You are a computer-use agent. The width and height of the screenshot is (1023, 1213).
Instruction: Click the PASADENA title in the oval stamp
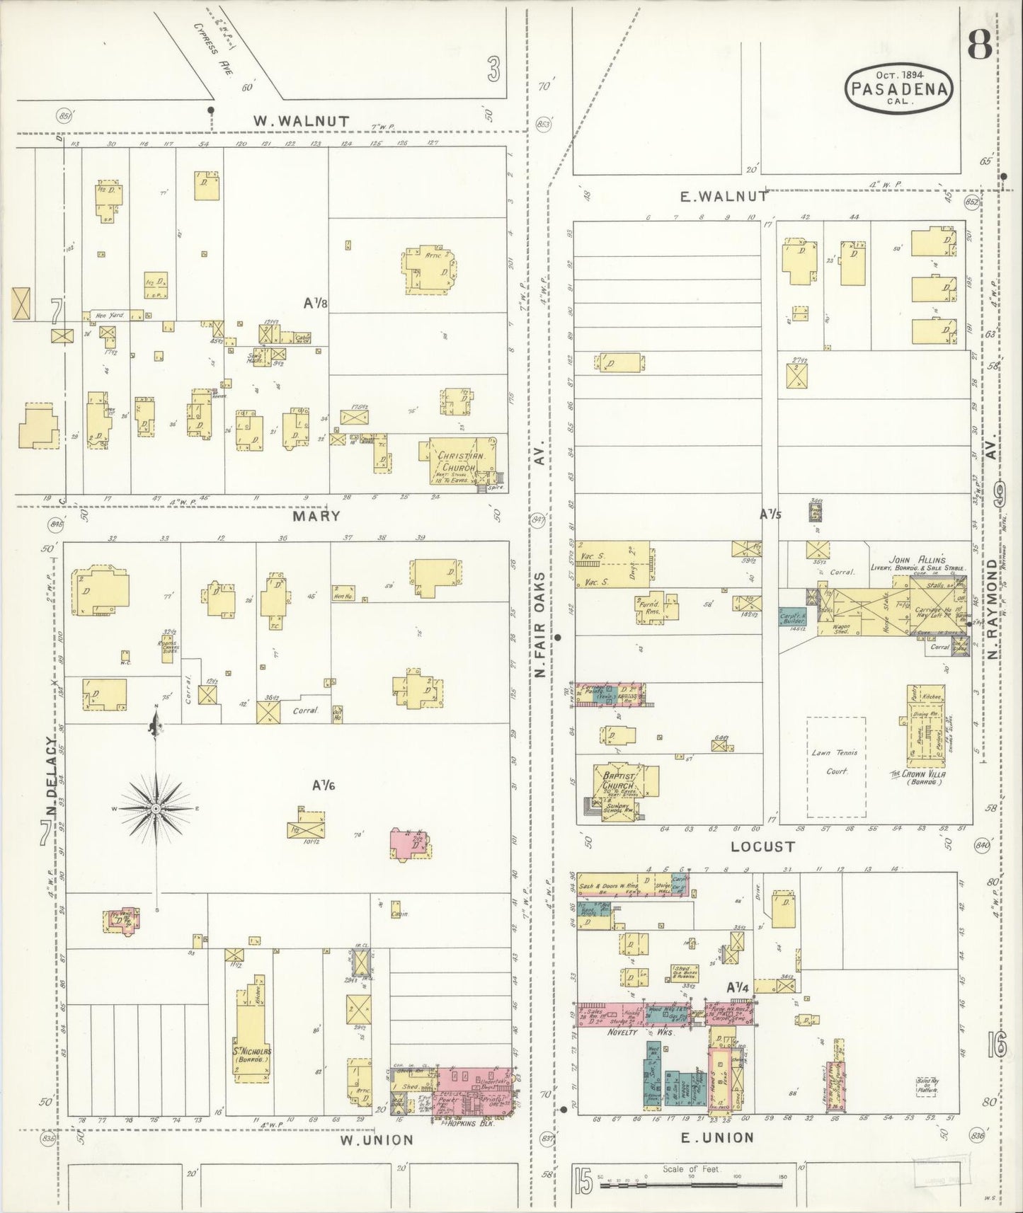point(899,89)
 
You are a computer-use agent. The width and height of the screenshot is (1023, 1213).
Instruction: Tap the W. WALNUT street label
point(302,121)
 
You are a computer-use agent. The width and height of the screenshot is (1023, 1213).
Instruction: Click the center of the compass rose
point(156,808)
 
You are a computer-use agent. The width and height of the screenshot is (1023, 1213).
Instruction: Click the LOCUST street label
point(762,846)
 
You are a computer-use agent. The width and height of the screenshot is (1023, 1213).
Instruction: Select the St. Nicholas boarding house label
point(253,1054)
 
